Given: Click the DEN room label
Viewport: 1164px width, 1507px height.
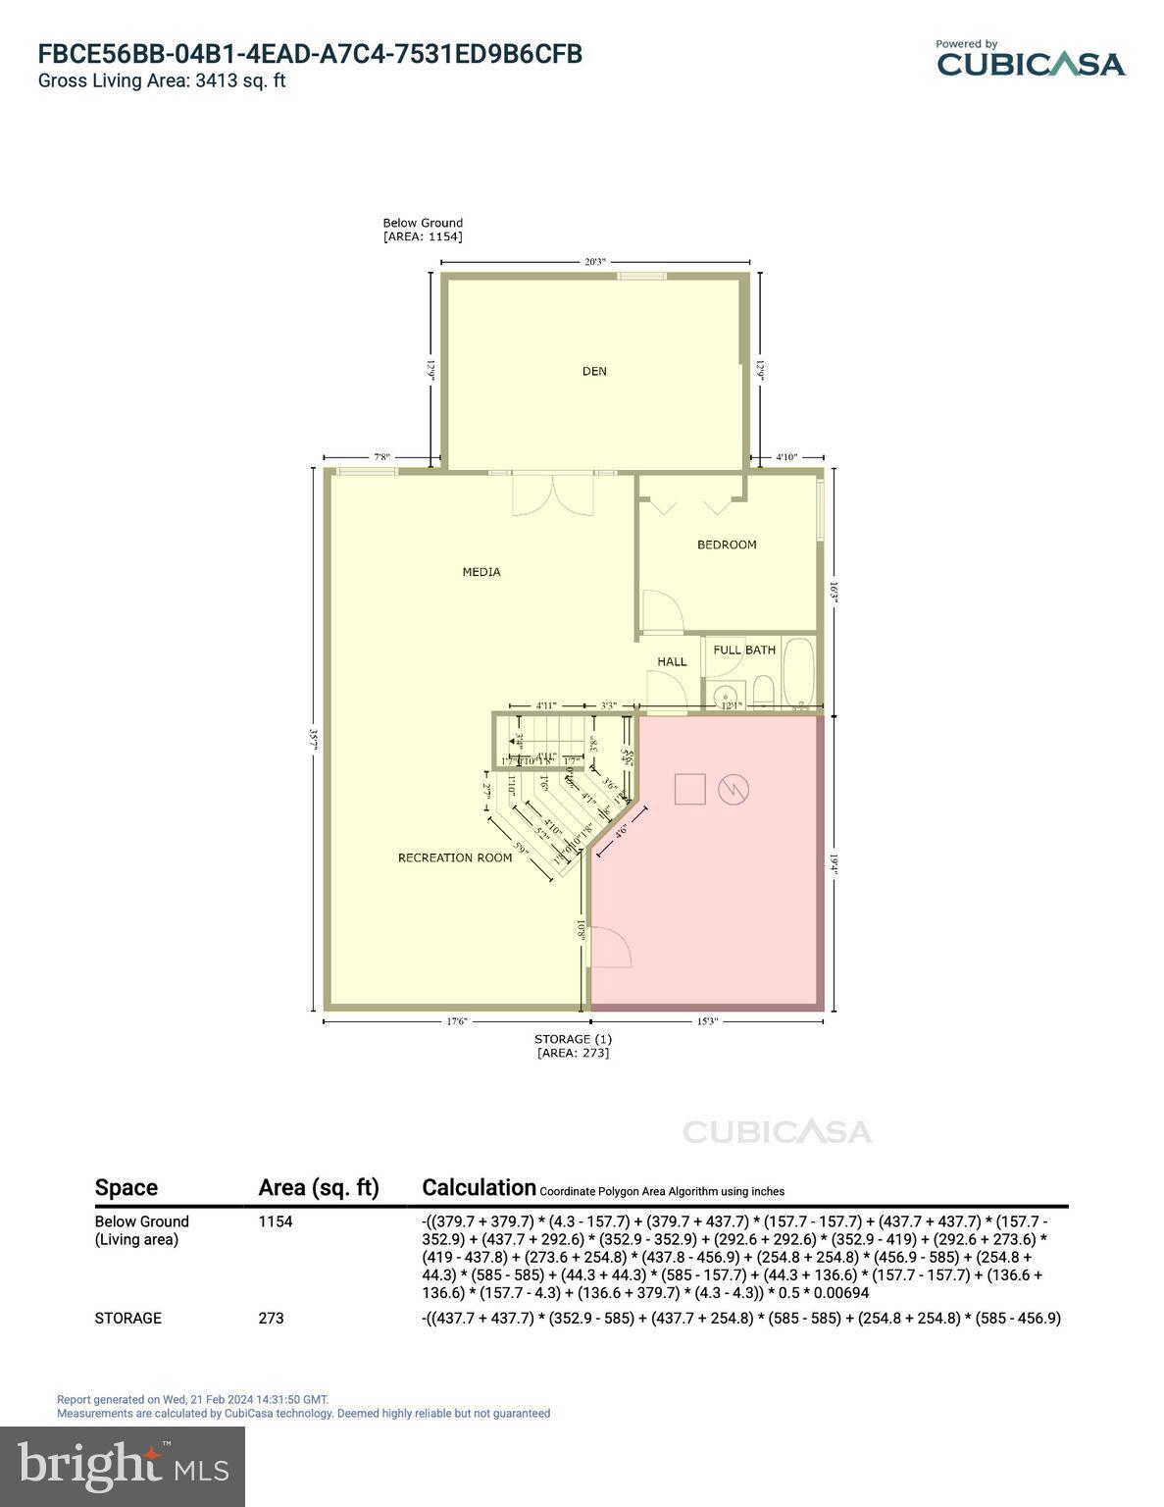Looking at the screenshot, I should point(594,371).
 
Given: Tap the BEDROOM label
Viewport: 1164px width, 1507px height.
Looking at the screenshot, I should point(727,545).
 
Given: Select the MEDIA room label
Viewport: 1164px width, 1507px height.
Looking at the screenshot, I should point(481,572).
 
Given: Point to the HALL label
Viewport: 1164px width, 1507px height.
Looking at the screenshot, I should point(672,661).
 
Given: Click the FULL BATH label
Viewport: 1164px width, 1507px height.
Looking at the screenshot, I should point(744,650).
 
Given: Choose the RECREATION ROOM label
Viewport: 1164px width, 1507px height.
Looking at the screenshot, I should point(455,857).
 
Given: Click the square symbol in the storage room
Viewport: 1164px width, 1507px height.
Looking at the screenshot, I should point(690,789).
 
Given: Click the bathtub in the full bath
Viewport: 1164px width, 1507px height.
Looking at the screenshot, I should point(800,673).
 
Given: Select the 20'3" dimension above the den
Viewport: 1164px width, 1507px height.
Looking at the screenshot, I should point(595,262).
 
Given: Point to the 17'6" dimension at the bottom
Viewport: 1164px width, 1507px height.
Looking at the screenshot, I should point(457,1021).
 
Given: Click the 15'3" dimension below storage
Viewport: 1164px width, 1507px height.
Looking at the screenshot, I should point(707,1021).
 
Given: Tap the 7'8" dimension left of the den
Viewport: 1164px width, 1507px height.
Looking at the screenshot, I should point(381,457).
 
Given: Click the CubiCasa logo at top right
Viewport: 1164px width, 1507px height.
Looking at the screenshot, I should point(1030,60).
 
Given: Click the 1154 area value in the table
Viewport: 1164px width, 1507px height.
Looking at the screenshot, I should point(276,1221).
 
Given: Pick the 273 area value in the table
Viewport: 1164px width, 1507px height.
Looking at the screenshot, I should point(271,1318).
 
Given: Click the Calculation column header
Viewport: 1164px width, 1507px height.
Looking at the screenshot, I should point(479,1187).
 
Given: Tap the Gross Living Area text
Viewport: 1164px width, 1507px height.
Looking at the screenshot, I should point(162,81).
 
